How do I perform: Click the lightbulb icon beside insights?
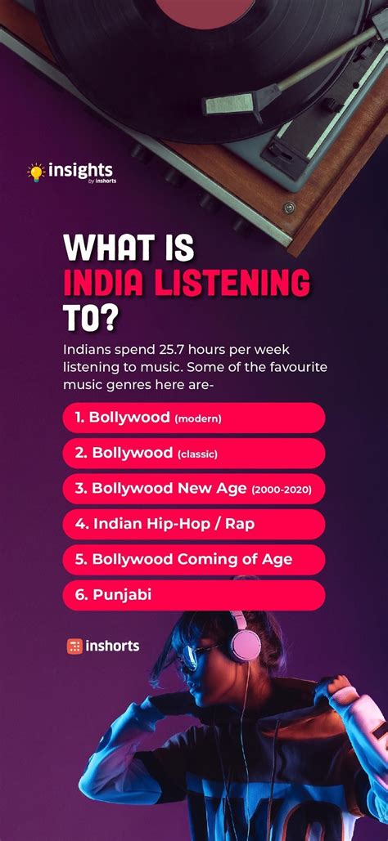click(35, 172)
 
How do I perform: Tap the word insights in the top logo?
click(80, 171)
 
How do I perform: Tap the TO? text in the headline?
click(89, 317)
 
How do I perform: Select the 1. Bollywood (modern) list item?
click(193, 418)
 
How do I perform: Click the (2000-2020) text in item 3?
click(287, 489)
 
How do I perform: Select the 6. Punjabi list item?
click(193, 595)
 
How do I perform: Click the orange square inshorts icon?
click(74, 646)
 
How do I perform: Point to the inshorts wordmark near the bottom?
click(112, 646)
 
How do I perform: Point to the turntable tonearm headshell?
click(232, 102)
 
